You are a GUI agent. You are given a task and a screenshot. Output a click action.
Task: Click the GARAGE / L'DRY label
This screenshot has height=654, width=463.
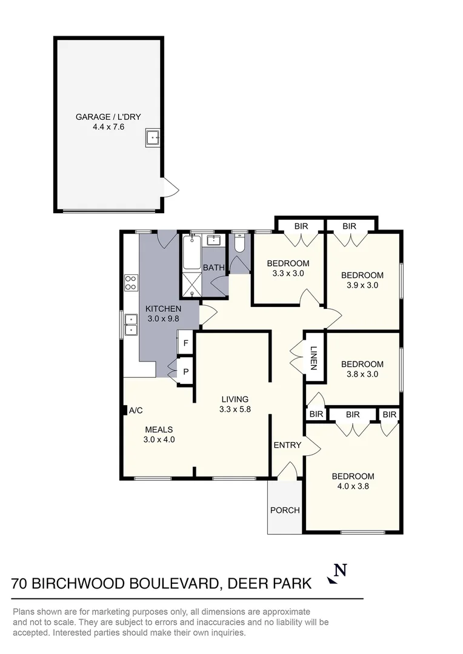108,117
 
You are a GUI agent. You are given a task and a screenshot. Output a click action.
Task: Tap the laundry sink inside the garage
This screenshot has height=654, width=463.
152,137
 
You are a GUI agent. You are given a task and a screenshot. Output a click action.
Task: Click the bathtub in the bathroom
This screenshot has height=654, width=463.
192,253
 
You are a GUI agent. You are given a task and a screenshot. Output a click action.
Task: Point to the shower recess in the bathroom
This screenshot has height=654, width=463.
192,285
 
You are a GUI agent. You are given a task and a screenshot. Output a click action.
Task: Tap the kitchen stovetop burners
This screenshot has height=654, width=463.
131,282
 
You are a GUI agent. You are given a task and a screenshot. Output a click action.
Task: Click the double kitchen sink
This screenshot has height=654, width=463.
131,325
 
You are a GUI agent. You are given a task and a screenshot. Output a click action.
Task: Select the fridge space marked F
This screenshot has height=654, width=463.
185,343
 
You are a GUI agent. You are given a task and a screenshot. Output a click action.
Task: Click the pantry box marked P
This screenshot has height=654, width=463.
185,372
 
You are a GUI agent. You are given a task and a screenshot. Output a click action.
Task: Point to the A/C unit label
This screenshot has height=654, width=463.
136,411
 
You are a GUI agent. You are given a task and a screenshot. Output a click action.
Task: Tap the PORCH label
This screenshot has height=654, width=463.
285,510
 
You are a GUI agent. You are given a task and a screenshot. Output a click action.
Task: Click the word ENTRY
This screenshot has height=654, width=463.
287,445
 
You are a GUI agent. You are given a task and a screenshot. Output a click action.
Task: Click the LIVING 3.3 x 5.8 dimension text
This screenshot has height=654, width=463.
235,409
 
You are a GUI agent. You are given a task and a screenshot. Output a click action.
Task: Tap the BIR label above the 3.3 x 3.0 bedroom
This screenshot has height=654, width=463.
301,226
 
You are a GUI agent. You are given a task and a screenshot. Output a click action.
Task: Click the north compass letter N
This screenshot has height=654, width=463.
341,570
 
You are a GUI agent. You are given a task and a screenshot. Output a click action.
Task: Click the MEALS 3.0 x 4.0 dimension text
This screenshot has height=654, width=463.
159,440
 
